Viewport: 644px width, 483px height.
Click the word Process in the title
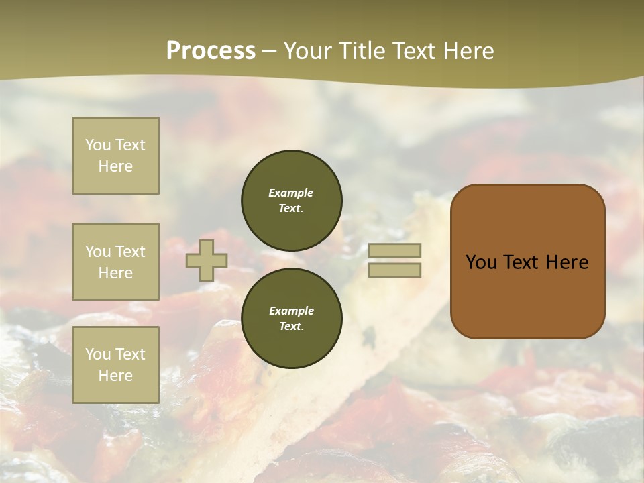[x=211, y=51]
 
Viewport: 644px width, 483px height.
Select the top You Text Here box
[x=115, y=156]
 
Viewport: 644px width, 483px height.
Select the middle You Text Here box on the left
[x=115, y=262]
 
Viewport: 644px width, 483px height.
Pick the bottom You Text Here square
[x=115, y=364]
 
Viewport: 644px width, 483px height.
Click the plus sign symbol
[x=207, y=260]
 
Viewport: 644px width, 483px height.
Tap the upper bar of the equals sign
[x=394, y=250]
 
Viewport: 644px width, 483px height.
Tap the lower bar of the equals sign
[x=394, y=270]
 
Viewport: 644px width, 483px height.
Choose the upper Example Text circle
[x=291, y=200]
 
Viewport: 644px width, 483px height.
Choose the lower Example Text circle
[x=291, y=318]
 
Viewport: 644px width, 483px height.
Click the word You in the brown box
[x=481, y=262]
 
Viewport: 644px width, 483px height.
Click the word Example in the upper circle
[x=291, y=193]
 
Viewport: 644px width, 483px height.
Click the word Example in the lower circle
[x=291, y=311]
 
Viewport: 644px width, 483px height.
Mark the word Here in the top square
[x=115, y=166]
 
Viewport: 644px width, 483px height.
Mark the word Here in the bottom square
[x=115, y=376]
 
